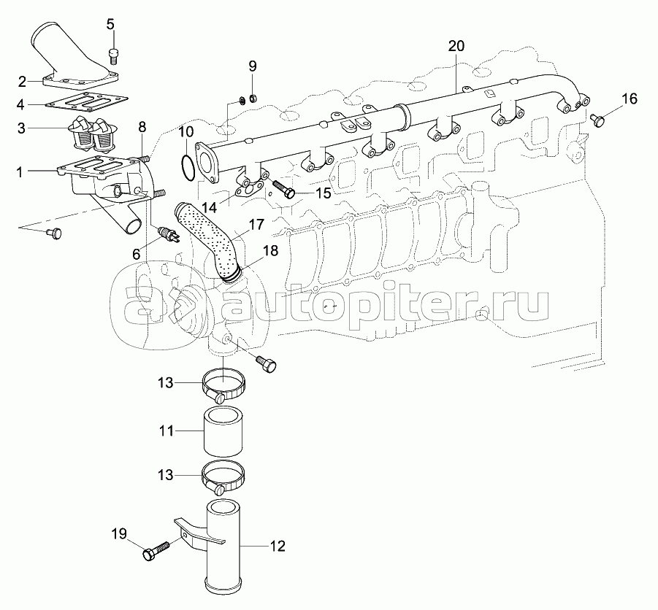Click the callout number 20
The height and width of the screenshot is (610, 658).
pos(456,45)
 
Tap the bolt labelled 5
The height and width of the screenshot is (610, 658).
pos(112,56)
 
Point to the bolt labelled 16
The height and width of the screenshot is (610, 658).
pos(598,120)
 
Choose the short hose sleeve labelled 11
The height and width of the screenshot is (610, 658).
pos(223,431)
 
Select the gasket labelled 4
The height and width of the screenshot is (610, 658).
pos(86,103)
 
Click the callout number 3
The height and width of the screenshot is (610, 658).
pos(21,128)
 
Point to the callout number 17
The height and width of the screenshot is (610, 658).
pos(257,225)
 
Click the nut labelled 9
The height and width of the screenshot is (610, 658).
pos(253,99)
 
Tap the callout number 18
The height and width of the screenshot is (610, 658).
pos(271,251)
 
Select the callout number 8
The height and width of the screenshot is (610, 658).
pos(142,127)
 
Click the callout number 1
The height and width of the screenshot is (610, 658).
pos(19,172)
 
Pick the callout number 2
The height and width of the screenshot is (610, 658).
pos(22,81)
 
